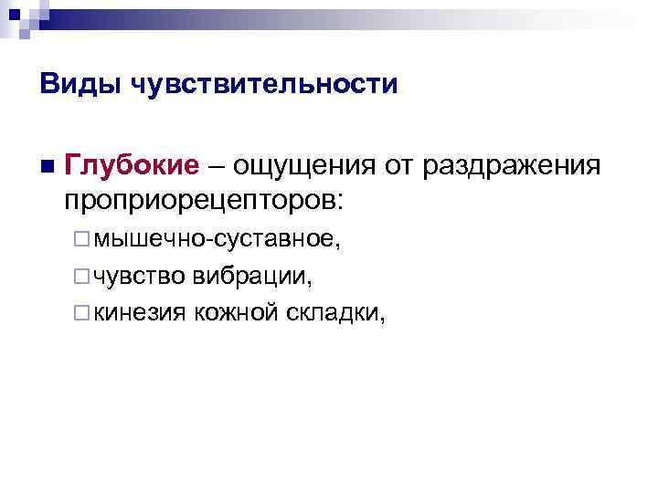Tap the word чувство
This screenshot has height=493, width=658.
point(140,276)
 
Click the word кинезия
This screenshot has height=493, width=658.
point(140,312)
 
